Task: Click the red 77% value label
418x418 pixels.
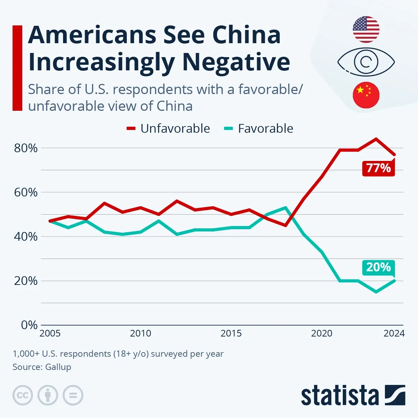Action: [378, 168]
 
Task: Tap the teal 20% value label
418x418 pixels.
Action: [378, 268]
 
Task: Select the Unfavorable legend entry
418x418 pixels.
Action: [168, 129]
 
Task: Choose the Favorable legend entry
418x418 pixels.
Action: [258, 129]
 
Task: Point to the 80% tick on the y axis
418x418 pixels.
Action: [26, 148]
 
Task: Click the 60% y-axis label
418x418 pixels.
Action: [26, 192]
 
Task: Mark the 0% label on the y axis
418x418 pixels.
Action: [29, 325]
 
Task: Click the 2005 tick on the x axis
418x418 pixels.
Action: [50, 333]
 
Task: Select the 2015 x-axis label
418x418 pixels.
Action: [231, 333]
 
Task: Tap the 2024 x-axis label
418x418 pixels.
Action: [394, 333]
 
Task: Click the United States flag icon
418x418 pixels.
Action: [366, 29]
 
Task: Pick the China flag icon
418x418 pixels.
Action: [366, 95]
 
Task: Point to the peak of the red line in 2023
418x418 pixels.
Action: [376, 139]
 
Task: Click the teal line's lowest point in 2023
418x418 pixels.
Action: [376, 292]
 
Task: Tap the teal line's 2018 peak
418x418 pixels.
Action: [286, 208]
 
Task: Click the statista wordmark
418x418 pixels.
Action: [340, 396]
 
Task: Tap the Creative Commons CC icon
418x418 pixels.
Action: [23, 395]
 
